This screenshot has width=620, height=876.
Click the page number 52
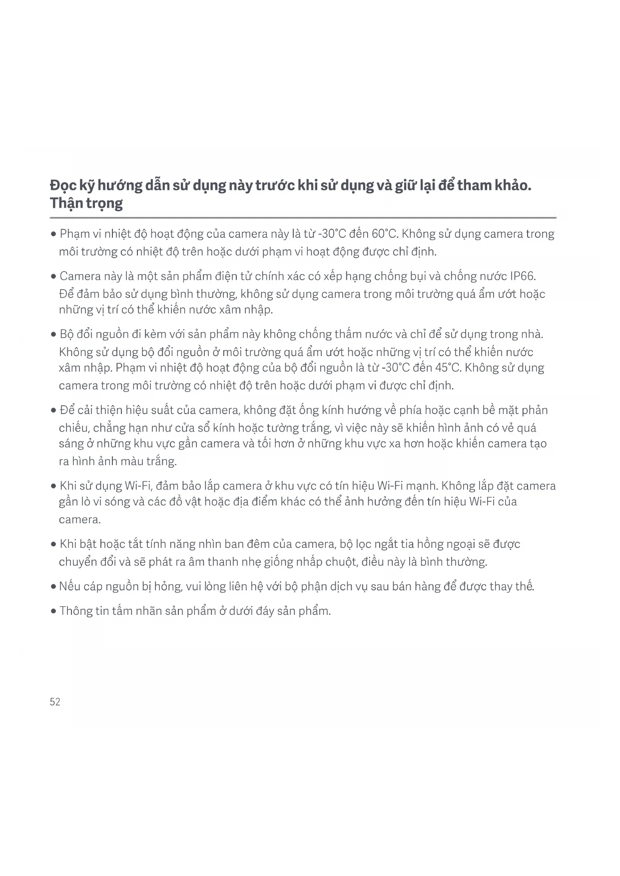(x=55, y=702)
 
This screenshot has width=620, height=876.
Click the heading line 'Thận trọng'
(x=86, y=203)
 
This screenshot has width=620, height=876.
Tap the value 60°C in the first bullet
(x=384, y=234)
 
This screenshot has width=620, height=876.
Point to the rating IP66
(x=523, y=276)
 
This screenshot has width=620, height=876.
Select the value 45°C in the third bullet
(x=448, y=368)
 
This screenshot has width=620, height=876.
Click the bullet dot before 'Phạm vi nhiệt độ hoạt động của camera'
(x=53, y=234)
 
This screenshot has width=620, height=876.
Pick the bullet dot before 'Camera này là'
(x=53, y=277)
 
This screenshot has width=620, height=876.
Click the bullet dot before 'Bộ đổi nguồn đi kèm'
(x=53, y=335)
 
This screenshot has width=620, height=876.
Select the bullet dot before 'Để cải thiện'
(x=53, y=411)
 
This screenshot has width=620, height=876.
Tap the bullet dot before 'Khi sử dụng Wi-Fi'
(x=53, y=486)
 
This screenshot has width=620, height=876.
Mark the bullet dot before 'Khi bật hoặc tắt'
(x=53, y=544)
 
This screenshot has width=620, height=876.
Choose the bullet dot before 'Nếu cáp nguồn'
(x=53, y=586)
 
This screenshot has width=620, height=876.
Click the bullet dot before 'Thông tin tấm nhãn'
(x=53, y=611)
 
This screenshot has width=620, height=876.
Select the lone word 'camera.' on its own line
(x=80, y=519)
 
